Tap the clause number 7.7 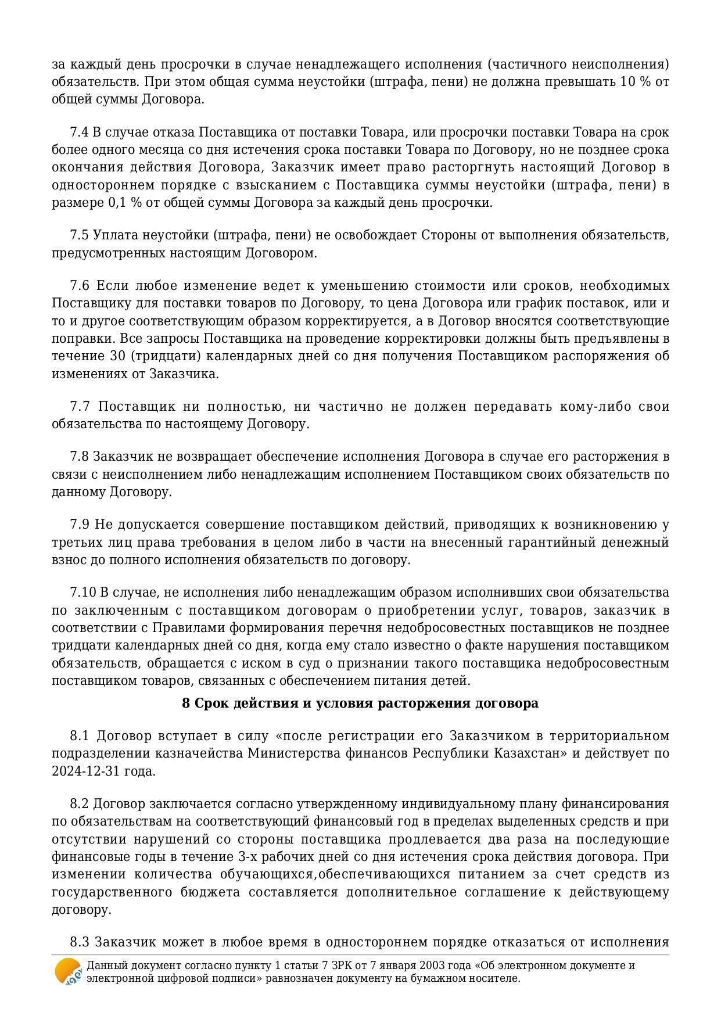(80, 406)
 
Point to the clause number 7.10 (82, 593)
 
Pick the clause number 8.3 (79, 942)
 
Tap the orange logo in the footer (68, 971)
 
